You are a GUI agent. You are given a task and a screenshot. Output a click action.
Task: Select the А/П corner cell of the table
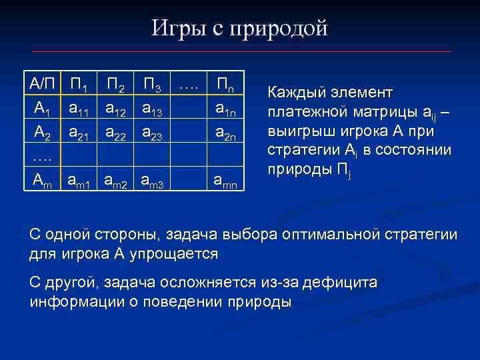43,84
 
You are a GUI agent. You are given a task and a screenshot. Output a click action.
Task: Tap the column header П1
81,85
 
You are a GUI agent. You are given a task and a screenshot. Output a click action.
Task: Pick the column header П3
154,85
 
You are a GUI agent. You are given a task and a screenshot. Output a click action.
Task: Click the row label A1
42,107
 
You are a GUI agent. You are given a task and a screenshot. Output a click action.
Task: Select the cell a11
81,107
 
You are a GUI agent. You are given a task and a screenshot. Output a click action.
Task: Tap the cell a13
154,107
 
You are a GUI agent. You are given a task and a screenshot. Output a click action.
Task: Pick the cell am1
81,179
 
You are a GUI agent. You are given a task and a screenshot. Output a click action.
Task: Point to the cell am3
154,179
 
